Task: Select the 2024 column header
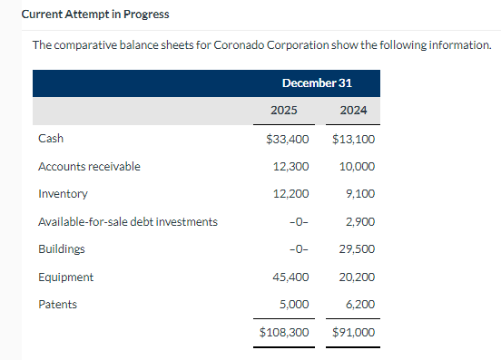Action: tap(353, 112)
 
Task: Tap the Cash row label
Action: tap(51, 140)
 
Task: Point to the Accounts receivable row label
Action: tap(89, 167)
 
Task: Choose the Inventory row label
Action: tap(63, 194)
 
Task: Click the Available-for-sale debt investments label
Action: tap(127, 221)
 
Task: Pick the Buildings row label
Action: tap(62, 248)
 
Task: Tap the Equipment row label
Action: tap(65, 277)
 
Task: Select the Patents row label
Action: tap(57, 305)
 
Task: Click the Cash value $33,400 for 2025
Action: tap(288, 140)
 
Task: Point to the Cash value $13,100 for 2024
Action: tap(354, 140)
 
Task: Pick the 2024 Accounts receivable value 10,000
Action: tap(357, 167)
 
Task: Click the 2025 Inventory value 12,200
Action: tap(290, 194)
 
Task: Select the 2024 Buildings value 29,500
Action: tap(357, 248)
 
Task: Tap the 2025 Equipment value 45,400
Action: tap(290, 277)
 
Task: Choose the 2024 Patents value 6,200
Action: tap(360, 305)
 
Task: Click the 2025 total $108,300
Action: tap(285, 333)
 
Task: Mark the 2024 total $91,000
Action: tap(354, 333)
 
